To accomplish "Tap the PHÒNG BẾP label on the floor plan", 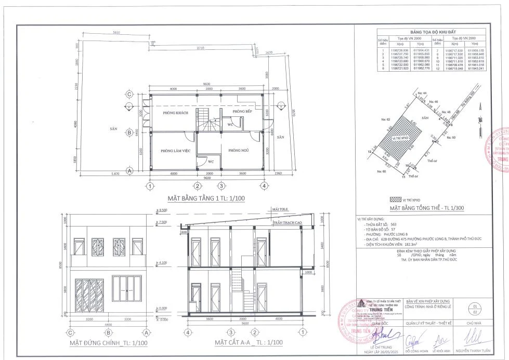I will click(x=242, y=112).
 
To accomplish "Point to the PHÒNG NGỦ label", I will click(x=239, y=150).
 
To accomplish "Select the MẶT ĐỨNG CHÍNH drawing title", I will click(x=102, y=343).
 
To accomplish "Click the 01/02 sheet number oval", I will click(x=474, y=310).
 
